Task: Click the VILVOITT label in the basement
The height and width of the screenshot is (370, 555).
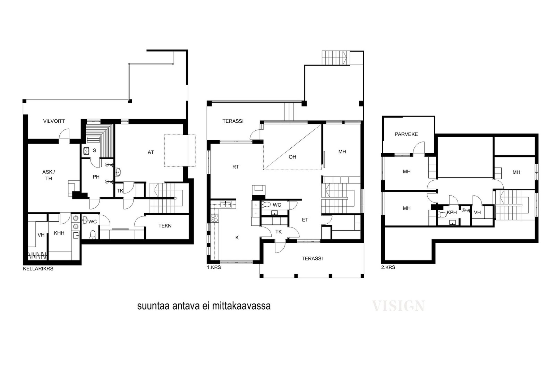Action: (54, 121)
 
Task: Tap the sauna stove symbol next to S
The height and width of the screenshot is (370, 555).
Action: (86, 151)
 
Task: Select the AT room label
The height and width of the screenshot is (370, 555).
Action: (151, 152)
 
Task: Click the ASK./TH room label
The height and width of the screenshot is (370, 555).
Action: (49, 175)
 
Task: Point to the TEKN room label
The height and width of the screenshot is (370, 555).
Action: (165, 226)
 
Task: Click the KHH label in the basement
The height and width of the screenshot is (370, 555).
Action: (59, 233)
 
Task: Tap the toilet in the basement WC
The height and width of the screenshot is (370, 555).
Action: (93, 234)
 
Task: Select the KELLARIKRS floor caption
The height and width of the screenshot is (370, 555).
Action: (38, 269)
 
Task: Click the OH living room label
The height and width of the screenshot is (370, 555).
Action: (292, 157)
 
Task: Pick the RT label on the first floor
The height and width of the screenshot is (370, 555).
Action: (236, 167)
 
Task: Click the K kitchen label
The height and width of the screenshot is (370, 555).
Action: (237, 238)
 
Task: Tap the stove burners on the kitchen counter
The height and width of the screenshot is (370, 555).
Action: (214, 218)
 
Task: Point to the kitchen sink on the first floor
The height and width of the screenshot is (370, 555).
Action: (225, 204)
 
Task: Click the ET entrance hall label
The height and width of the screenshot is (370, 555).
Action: (305, 220)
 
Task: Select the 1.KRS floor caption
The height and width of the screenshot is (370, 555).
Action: (214, 267)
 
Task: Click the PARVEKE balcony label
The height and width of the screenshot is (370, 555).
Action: (406, 134)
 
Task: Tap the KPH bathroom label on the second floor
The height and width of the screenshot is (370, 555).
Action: (452, 213)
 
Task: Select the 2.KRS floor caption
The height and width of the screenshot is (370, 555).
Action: (388, 267)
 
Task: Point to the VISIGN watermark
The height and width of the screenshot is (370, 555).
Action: (399, 306)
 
